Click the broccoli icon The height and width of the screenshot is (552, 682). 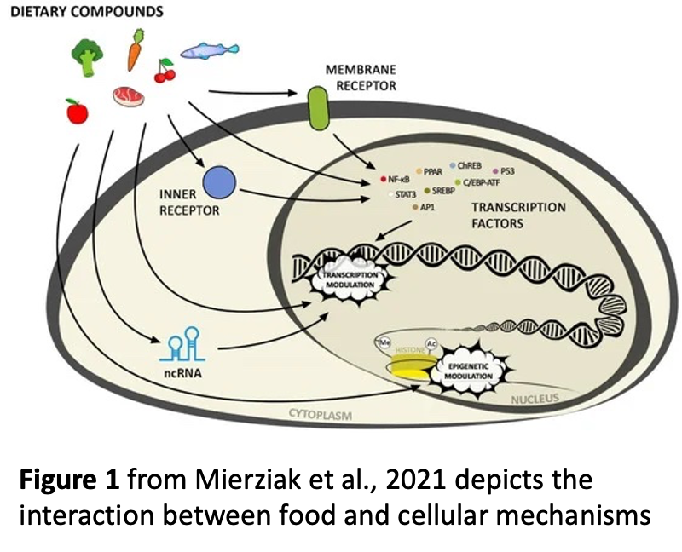[88, 55]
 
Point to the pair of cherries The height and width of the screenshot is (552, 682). [165, 73]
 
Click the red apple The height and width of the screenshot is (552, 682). [77, 111]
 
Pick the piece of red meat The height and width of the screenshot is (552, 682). [129, 95]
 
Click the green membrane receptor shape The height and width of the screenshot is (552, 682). [319, 109]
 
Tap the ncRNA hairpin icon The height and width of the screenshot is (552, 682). [184, 344]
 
